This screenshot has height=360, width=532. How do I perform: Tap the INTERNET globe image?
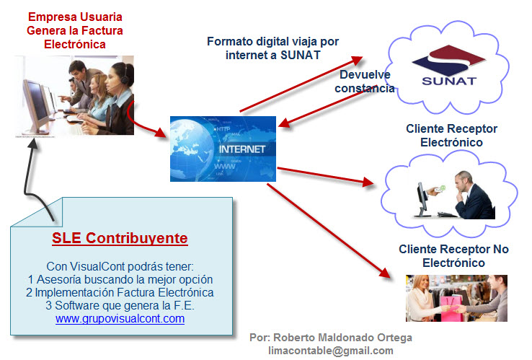223,149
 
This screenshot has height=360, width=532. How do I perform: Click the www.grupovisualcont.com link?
120,319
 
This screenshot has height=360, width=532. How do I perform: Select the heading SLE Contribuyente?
120,238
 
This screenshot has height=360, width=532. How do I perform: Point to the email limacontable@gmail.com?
331,351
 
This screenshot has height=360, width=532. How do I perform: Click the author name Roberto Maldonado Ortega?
342,338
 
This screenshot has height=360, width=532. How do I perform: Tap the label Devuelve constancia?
365,82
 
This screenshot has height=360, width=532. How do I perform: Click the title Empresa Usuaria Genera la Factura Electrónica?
75,30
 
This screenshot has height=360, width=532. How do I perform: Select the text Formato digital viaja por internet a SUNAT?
272,48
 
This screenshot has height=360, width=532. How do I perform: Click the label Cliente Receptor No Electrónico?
453,255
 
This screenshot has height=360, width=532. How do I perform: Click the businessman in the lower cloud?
474,195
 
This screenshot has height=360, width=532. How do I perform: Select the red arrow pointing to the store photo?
329,231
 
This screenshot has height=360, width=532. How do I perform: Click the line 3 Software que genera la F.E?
120,305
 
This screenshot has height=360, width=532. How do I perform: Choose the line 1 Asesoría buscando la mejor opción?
120,279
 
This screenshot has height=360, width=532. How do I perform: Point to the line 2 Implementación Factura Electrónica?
120,292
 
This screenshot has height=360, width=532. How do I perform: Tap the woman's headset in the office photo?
124,76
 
